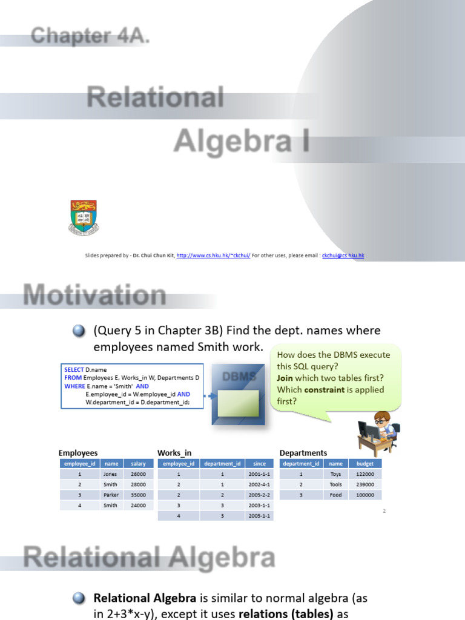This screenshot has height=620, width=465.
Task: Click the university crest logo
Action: coord(84,217)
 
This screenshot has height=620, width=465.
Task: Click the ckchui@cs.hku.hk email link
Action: coord(343,256)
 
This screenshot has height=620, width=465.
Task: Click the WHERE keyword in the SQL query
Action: coord(76,386)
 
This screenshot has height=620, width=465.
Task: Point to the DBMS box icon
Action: coord(237,394)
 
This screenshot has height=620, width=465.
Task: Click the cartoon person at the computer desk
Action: coord(378,431)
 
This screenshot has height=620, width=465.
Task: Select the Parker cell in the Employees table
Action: coord(111,495)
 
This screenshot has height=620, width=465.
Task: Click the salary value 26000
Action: coord(138,474)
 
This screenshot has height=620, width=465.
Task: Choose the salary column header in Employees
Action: coord(138,464)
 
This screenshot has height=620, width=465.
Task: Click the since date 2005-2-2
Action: coord(259,495)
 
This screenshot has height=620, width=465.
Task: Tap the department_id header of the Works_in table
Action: coord(222,464)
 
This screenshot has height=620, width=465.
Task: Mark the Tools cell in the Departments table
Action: coord(335,484)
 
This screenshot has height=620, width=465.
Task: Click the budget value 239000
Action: coord(364,484)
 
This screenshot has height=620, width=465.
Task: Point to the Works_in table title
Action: coord(174,453)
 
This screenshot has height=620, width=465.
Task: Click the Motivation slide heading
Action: coord(94,295)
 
